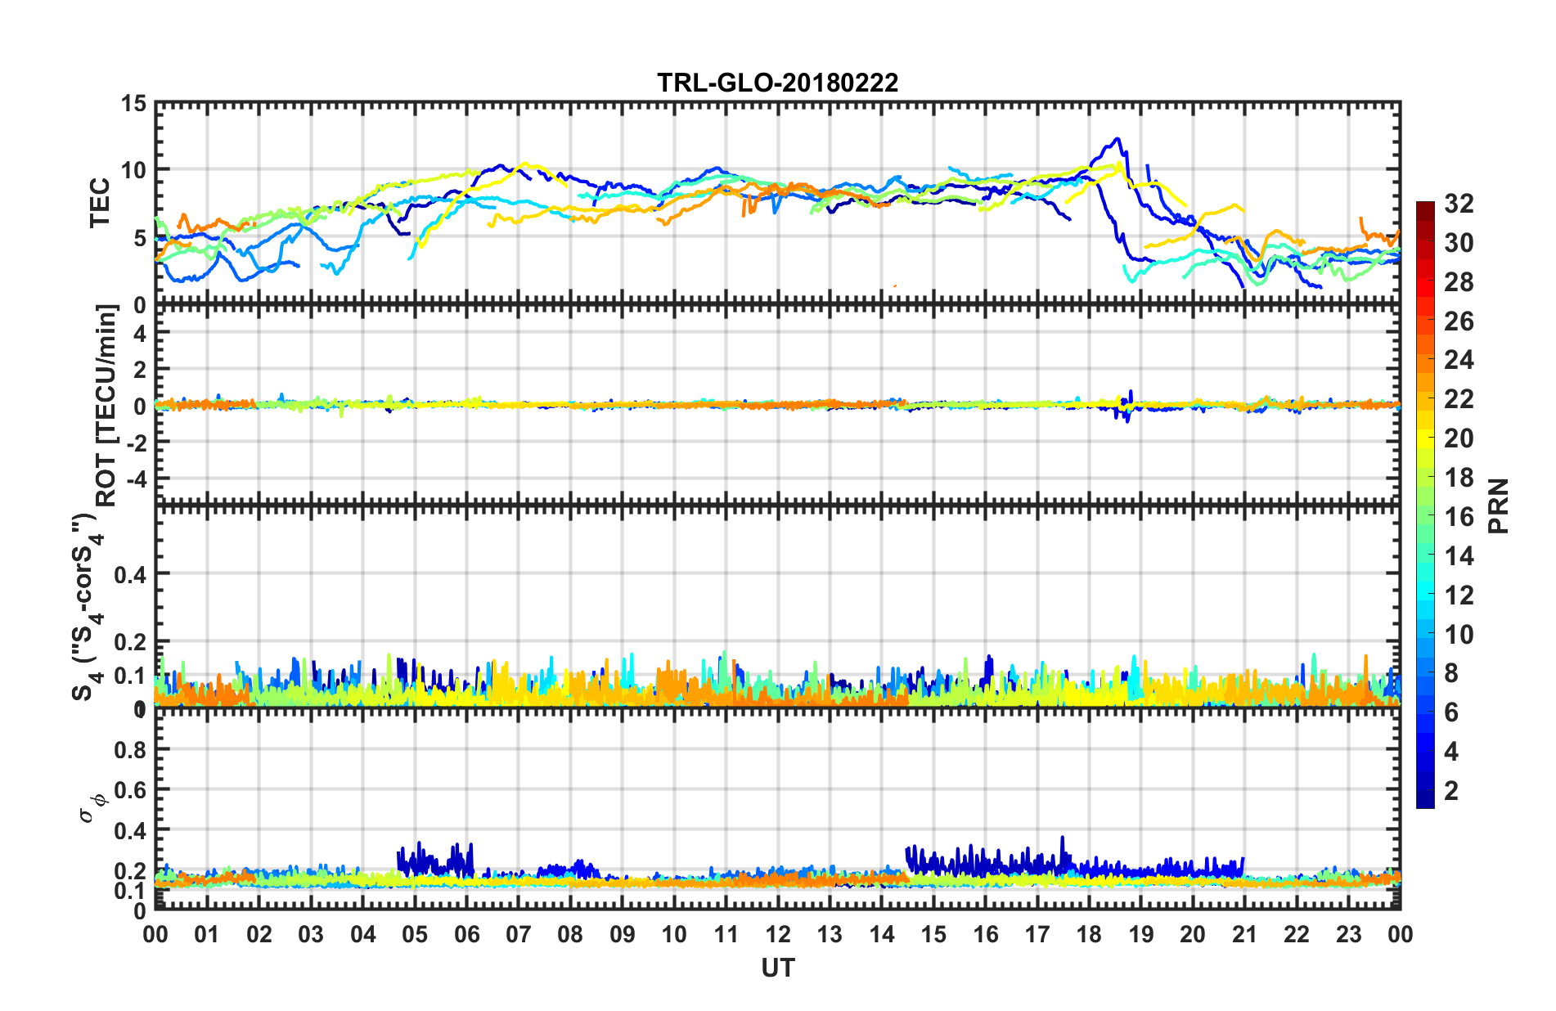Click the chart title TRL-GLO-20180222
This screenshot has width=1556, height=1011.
tap(777, 83)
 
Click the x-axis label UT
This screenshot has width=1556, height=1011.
tap(777, 968)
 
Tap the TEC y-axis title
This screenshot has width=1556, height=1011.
tap(100, 203)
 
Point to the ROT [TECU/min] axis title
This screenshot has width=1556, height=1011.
tap(106, 405)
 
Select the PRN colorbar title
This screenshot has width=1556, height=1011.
tap(1499, 506)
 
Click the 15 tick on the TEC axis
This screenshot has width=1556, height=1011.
tap(133, 104)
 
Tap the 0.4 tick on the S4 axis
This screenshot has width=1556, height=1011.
tap(130, 574)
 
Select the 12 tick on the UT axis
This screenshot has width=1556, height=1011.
tap(778, 934)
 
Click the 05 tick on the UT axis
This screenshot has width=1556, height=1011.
tap(415, 934)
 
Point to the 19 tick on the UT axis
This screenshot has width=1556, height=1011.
tap(1141, 934)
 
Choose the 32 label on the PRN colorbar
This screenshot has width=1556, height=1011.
tap(1459, 204)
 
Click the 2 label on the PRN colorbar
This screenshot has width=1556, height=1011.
tap(1451, 790)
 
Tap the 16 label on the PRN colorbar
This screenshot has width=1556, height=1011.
tap(1459, 517)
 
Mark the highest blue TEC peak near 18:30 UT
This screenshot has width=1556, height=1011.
tap(1117, 139)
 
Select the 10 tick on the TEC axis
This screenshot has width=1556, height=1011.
tap(133, 170)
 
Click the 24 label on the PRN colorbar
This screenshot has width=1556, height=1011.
tap(1459, 360)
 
